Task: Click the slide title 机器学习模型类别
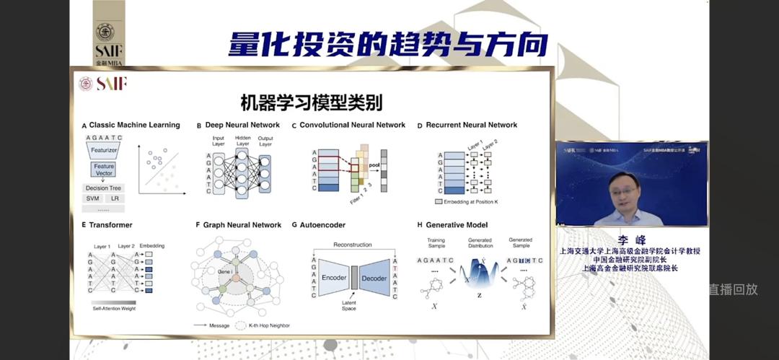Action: click(x=312, y=102)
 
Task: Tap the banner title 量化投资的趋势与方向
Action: click(x=388, y=45)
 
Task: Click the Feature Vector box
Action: click(x=104, y=170)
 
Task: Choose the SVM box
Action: click(x=93, y=198)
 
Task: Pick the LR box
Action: click(x=115, y=198)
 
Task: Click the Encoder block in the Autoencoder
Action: click(x=334, y=278)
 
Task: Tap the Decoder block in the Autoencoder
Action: click(x=374, y=278)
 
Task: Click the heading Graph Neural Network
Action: click(x=242, y=225)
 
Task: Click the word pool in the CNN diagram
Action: click(x=373, y=165)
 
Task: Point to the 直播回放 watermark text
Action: click(x=733, y=289)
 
